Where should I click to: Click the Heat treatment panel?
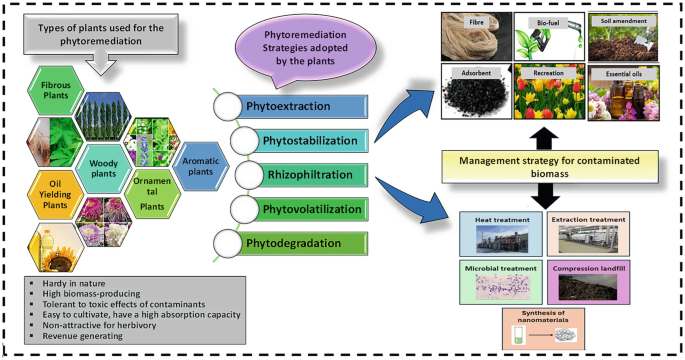[x=499, y=231]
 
